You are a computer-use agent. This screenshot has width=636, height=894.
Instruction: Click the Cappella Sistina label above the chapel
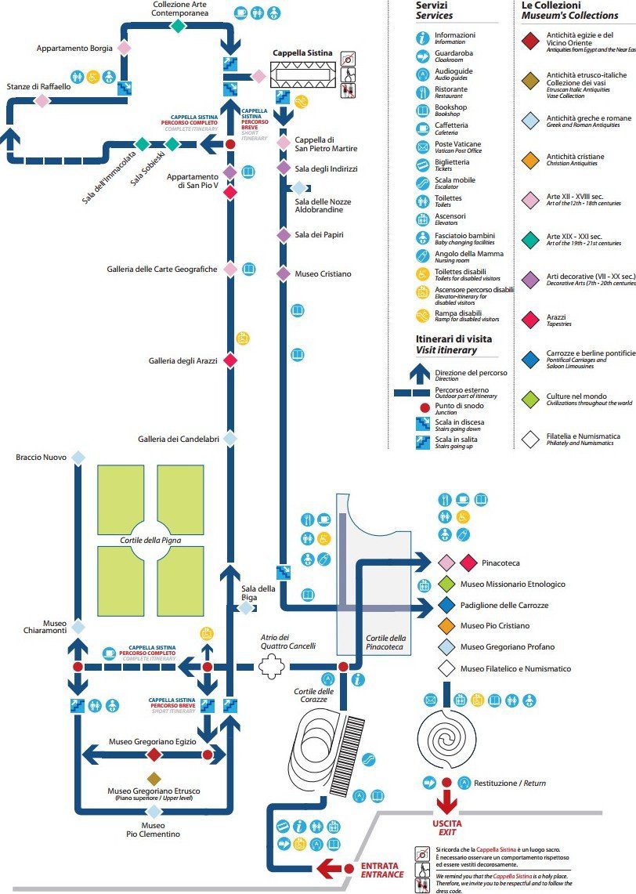302,53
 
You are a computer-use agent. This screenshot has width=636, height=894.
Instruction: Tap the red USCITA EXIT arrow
446,802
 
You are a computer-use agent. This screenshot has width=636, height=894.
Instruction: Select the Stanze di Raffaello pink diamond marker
42,100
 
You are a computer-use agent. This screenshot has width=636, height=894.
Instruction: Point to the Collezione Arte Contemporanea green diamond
179,26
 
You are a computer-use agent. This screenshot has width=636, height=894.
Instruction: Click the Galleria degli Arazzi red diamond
230,360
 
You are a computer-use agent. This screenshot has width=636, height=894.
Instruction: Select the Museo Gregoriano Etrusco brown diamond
154,778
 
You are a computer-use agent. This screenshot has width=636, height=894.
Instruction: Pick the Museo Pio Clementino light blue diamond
154,812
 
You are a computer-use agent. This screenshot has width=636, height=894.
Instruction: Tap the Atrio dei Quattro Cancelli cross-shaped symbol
272,668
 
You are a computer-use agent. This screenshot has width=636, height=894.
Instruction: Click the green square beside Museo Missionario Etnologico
446,584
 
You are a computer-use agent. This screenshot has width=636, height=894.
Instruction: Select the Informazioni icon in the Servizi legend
423,37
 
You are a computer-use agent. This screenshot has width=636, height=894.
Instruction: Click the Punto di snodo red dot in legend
425,407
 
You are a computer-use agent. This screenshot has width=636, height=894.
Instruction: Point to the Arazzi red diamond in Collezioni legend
532,319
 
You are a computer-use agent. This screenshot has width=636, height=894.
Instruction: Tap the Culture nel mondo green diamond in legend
532,399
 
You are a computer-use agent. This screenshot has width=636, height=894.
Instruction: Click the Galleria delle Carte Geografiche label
161,270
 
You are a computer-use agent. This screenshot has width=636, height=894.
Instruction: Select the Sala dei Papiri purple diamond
284,234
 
